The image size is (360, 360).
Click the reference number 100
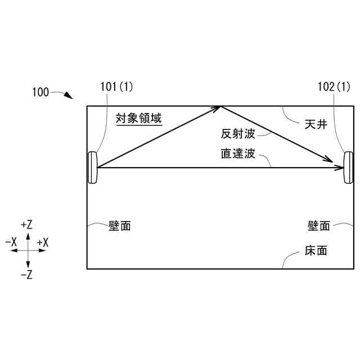coord(40,92)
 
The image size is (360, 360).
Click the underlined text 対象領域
coord(138,119)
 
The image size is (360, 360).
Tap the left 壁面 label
coord(119,226)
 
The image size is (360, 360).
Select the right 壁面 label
coord(318,226)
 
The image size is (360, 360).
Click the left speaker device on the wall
coord(92,168)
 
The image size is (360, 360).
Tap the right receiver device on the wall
coord(348,167)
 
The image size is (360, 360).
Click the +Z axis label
coord(26,224)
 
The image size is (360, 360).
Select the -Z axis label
coord(26,275)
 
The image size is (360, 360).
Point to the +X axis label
coord(43,242)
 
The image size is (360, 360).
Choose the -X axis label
coord(11,242)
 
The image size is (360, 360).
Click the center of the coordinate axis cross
coord(28,251)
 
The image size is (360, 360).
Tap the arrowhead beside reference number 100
coord(69,96)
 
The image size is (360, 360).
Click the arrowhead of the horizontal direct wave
coord(339,168)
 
